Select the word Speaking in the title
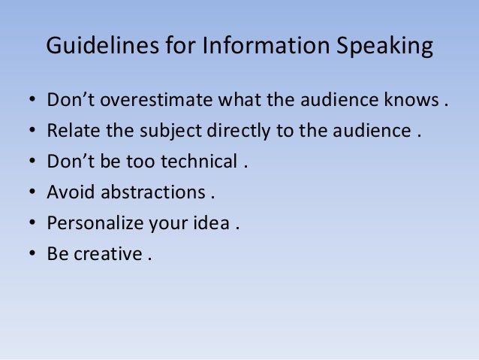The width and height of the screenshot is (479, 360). tap(386, 47)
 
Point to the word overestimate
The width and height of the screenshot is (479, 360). tap(155, 101)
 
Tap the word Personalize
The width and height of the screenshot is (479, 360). tap(92, 223)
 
